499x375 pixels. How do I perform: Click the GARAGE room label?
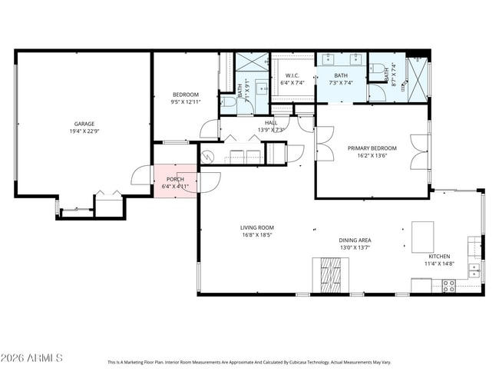coord(84,124)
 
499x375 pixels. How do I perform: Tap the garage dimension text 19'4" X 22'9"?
coord(84,131)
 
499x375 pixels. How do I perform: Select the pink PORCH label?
coord(175,180)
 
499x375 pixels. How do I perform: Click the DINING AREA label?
coord(355,241)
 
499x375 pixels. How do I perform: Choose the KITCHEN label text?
coord(439,256)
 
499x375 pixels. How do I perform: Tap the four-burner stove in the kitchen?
coord(448,286)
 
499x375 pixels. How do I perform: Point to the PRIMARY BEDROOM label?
coord(372,148)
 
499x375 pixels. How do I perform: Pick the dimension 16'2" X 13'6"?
coord(372,154)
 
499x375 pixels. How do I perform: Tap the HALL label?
coord(271,123)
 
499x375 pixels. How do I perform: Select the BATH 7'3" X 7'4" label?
coord(340,79)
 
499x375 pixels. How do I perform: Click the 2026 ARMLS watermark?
coord(31,358)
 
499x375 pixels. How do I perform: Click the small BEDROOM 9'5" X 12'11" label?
coord(185,98)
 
